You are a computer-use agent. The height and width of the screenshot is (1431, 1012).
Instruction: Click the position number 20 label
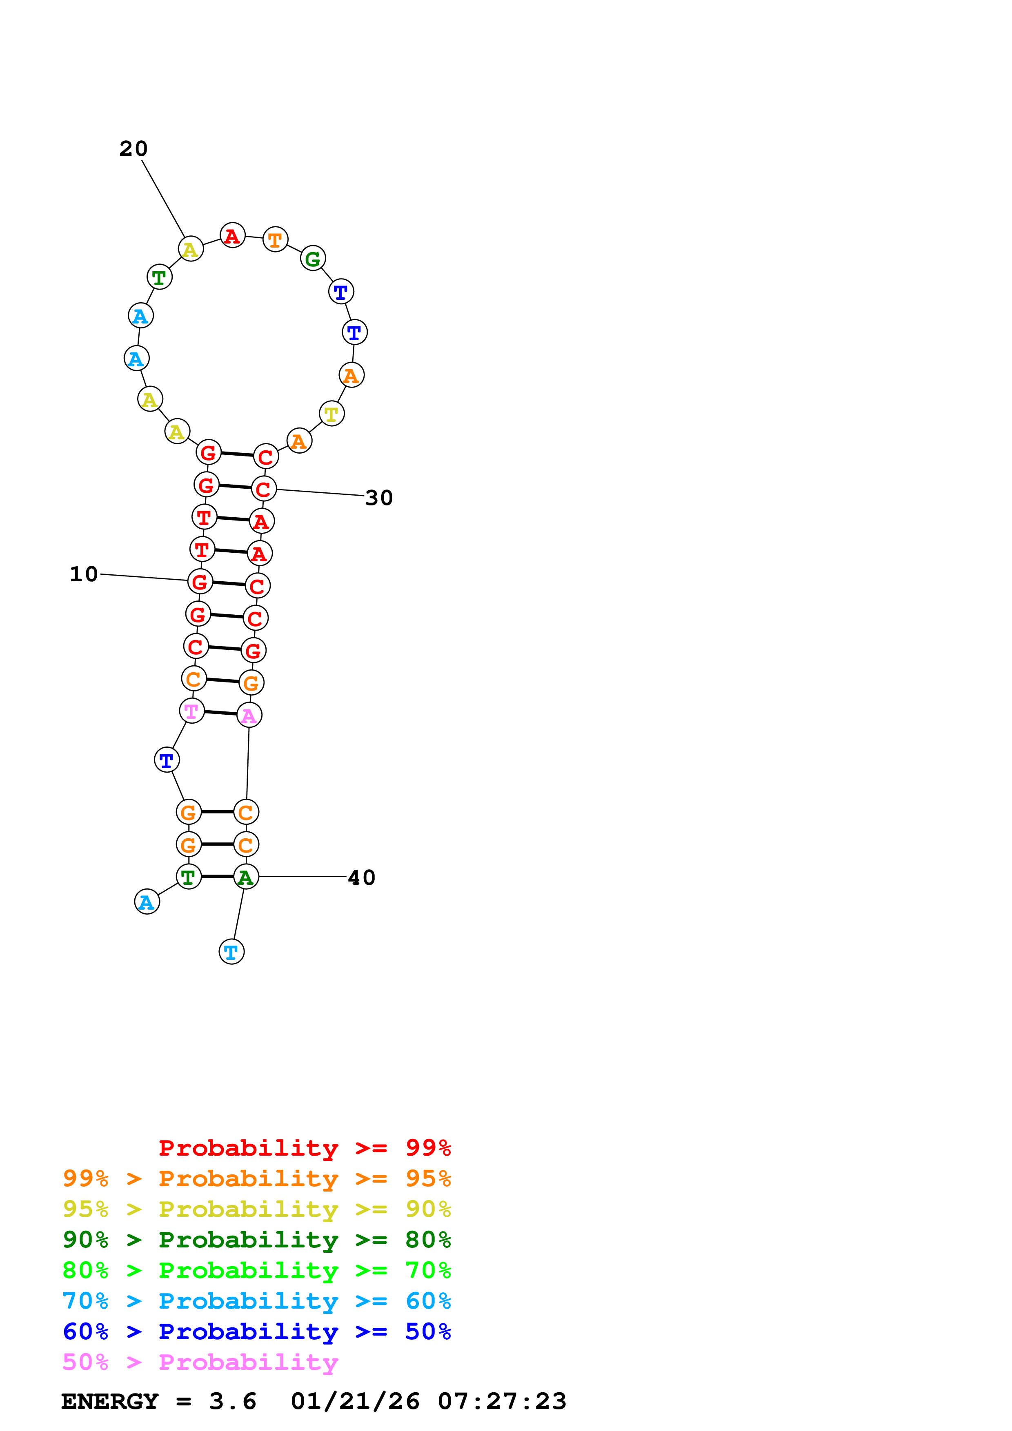(x=133, y=149)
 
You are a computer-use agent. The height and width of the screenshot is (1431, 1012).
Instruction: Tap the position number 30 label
(x=379, y=498)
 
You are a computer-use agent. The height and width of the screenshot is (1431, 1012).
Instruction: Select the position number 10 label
(x=84, y=574)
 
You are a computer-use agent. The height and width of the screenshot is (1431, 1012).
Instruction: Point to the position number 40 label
(x=362, y=877)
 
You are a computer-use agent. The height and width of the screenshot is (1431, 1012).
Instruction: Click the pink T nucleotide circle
(x=191, y=711)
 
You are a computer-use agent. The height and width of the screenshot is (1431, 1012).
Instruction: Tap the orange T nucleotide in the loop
(x=275, y=239)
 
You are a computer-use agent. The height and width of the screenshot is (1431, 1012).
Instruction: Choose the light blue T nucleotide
(x=231, y=952)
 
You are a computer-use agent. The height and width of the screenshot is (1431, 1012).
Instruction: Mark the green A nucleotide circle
(x=246, y=877)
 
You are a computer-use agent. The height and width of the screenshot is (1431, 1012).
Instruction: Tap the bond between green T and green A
(x=218, y=876)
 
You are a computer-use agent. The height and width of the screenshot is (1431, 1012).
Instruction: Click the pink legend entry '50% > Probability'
(x=200, y=1362)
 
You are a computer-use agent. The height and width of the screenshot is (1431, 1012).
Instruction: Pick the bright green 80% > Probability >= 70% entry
(x=256, y=1270)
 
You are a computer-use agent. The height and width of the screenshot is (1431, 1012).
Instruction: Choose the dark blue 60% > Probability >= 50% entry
(x=256, y=1331)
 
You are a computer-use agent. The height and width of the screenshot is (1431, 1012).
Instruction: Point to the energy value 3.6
(x=233, y=1401)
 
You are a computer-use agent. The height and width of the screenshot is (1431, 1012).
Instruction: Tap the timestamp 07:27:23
(x=502, y=1401)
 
